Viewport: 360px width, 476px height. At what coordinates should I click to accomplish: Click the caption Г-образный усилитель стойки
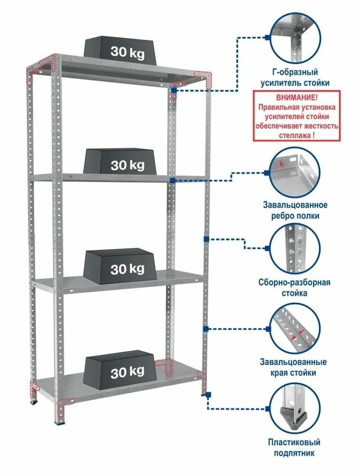pyautogui.click(x=297, y=78)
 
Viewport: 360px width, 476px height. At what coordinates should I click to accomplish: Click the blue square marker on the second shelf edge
pyautogui.click(x=172, y=180)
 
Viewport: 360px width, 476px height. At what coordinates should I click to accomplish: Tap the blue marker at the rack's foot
pyautogui.click(x=208, y=394)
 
